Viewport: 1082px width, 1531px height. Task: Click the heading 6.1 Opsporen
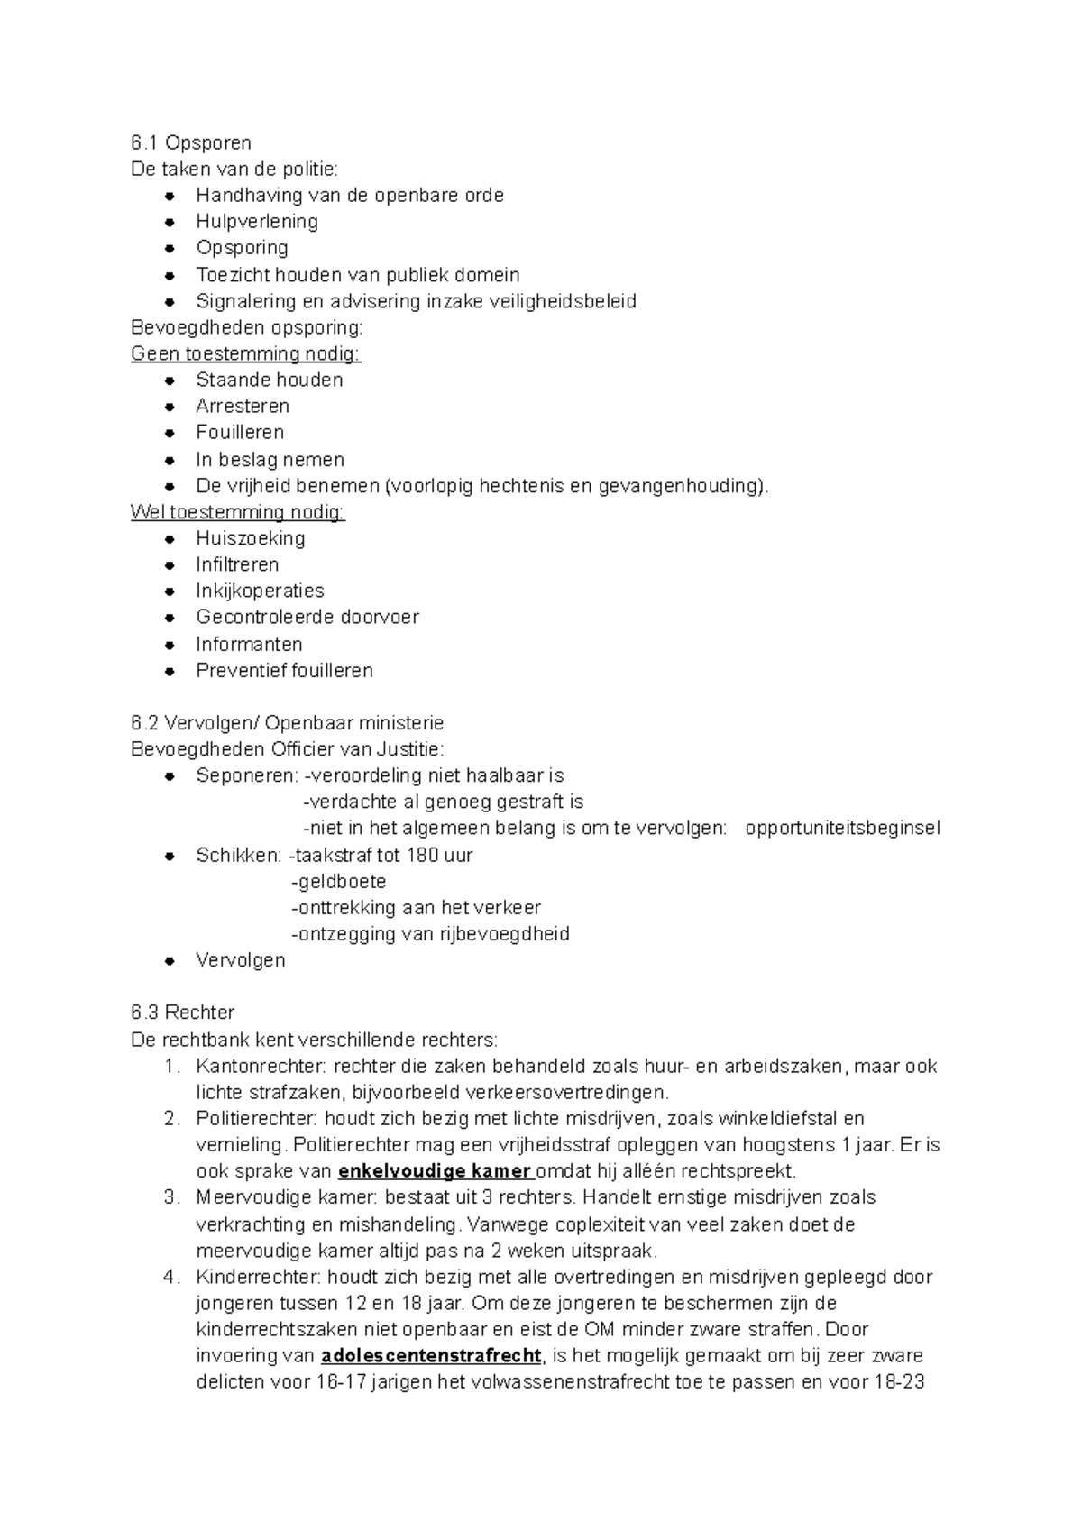click(x=190, y=142)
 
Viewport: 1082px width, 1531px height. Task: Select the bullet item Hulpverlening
click(x=257, y=222)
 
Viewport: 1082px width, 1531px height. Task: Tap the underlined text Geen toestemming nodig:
click(x=245, y=353)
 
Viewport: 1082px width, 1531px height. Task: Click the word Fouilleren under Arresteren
click(x=240, y=433)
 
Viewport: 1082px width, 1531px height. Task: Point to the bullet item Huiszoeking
click(x=251, y=538)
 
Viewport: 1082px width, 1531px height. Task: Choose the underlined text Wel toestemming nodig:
click(x=238, y=512)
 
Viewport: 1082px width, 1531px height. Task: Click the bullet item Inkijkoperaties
click(x=260, y=591)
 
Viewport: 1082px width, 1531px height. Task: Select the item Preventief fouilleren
click(x=284, y=671)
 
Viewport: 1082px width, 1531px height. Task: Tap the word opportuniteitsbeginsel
click(x=842, y=829)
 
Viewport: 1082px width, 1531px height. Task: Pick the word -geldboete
click(x=339, y=881)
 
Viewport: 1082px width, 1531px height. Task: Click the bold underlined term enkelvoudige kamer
click(x=435, y=1171)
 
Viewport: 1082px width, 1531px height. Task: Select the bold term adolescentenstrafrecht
click(x=431, y=1356)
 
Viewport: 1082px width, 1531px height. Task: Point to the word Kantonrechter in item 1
click(x=261, y=1067)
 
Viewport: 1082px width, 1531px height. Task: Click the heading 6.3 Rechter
click(x=182, y=1013)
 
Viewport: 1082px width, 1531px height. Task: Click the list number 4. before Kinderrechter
click(x=171, y=1278)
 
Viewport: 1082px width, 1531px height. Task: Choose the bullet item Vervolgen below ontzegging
click(x=240, y=960)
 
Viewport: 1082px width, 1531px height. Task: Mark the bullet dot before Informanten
click(x=170, y=645)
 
